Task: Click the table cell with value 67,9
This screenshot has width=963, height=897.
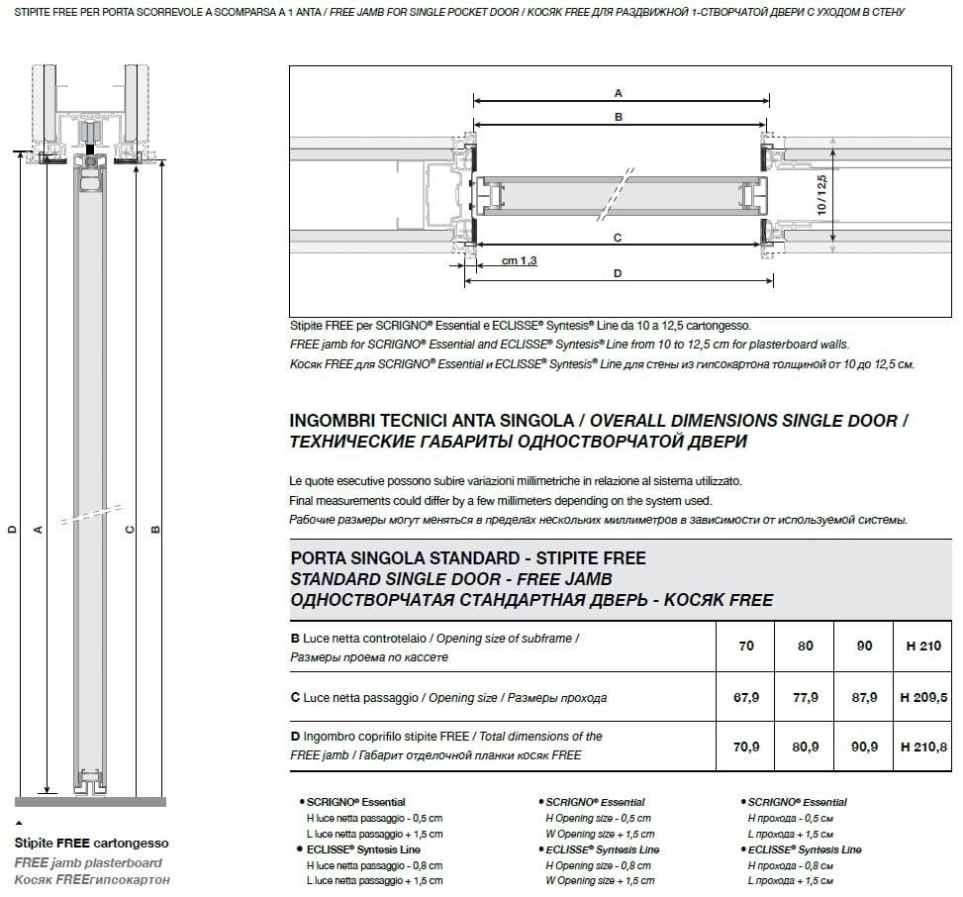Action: [746, 698]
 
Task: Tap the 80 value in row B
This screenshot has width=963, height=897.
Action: [806, 646]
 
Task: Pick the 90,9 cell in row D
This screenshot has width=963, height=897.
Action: [864, 747]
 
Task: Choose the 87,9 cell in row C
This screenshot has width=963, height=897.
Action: [864, 698]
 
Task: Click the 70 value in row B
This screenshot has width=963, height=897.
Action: [746, 646]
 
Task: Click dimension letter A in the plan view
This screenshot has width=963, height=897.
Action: [619, 93]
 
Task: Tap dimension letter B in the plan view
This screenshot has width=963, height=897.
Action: [619, 117]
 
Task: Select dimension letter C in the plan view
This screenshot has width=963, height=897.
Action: [618, 239]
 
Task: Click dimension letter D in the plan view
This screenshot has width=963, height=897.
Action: [618, 273]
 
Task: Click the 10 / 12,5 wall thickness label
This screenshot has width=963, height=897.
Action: [820, 193]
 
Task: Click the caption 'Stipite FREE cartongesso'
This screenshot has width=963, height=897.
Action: [91, 844]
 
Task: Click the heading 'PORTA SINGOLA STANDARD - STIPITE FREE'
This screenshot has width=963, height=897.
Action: [468, 559]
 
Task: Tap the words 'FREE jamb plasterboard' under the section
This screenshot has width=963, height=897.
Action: [87, 862]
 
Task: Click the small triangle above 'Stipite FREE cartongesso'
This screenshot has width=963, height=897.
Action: [18, 824]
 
